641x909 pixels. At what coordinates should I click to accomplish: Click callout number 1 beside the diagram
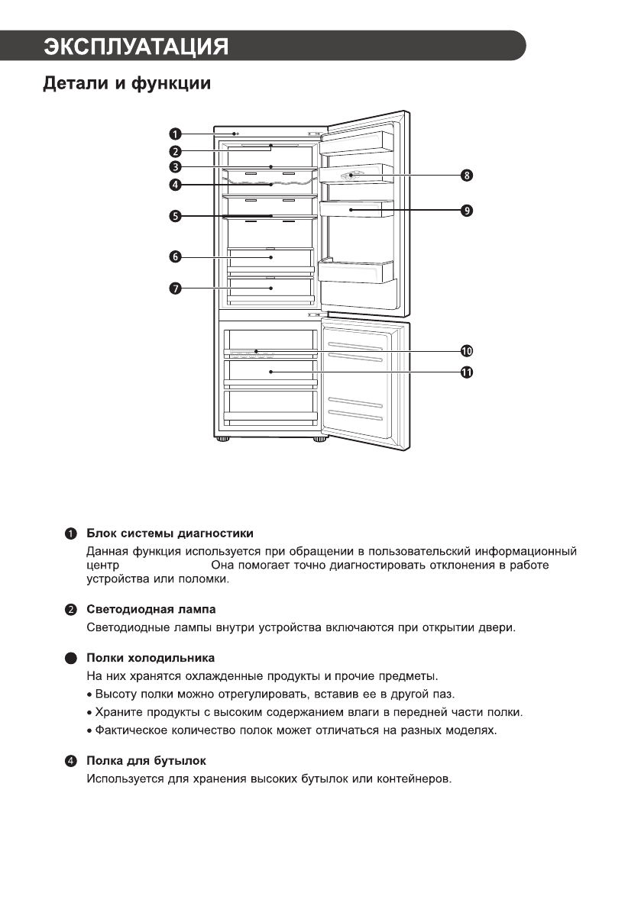pos(175,135)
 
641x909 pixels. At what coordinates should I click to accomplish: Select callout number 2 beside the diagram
pos(175,151)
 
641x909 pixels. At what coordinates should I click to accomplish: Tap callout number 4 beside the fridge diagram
pos(175,184)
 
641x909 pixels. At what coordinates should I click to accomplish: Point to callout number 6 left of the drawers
pos(175,257)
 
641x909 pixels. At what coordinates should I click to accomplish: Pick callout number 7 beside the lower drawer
pos(175,288)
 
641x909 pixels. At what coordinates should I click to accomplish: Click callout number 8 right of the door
pos(466,176)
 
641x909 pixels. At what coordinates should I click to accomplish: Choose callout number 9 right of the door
pos(466,209)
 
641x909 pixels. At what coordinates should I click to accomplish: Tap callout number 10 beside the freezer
pos(466,350)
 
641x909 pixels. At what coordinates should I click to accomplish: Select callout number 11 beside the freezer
pos(466,372)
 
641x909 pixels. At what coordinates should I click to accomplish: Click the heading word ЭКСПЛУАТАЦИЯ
pos(136,46)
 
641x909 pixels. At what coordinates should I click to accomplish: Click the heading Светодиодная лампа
pos(151,610)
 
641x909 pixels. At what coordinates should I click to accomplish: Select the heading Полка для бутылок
pos(146,762)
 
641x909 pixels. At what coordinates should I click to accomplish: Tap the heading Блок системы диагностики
pos(170,533)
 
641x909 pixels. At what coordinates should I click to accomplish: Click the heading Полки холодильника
pos(151,657)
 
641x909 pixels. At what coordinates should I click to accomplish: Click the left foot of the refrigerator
pos(222,440)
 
